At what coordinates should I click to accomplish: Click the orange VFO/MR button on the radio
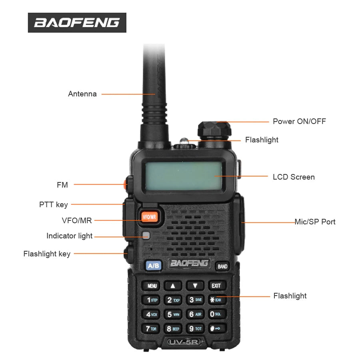(x=149, y=216)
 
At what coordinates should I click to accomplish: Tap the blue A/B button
(x=153, y=266)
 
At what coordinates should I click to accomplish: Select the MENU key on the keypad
(x=152, y=286)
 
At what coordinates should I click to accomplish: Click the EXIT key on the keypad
(x=216, y=286)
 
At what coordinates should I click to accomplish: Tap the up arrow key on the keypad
(x=173, y=286)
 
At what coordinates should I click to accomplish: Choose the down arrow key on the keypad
(x=195, y=286)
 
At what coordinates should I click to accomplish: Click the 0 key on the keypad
(x=216, y=314)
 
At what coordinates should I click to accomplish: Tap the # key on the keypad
(x=216, y=329)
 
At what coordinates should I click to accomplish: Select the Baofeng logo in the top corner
(x=77, y=23)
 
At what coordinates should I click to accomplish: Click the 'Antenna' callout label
(x=82, y=94)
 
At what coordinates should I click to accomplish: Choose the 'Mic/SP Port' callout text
(x=315, y=222)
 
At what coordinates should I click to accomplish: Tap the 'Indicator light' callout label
(x=69, y=236)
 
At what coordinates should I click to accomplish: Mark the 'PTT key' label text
(x=54, y=205)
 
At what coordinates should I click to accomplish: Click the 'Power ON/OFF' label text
(x=299, y=121)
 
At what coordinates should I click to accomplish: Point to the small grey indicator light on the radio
(x=146, y=235)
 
